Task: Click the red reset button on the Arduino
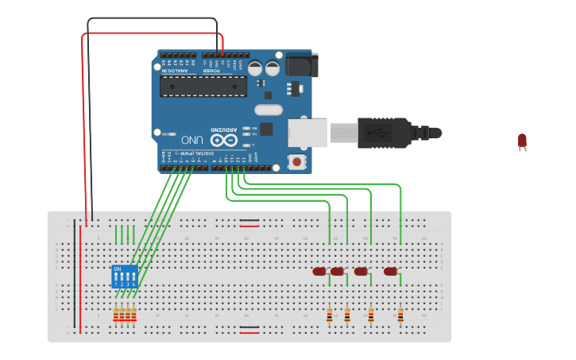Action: (297, 162)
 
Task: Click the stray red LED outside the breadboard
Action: (522, 141)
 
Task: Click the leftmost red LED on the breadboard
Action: (319, 272)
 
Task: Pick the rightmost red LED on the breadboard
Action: (390, 272)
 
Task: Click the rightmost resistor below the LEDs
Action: (400, 315)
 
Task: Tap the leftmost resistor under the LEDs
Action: (330, 315)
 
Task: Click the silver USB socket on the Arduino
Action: (307, 133)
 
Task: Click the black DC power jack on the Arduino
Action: (301, 64)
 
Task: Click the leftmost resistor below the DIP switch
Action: (116, 315)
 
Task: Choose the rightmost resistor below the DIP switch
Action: (133, 315)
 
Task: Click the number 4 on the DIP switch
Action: (133, 284)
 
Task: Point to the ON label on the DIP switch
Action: (118, 269)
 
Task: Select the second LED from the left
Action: (337, 272)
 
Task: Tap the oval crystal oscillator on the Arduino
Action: (268, 110)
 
